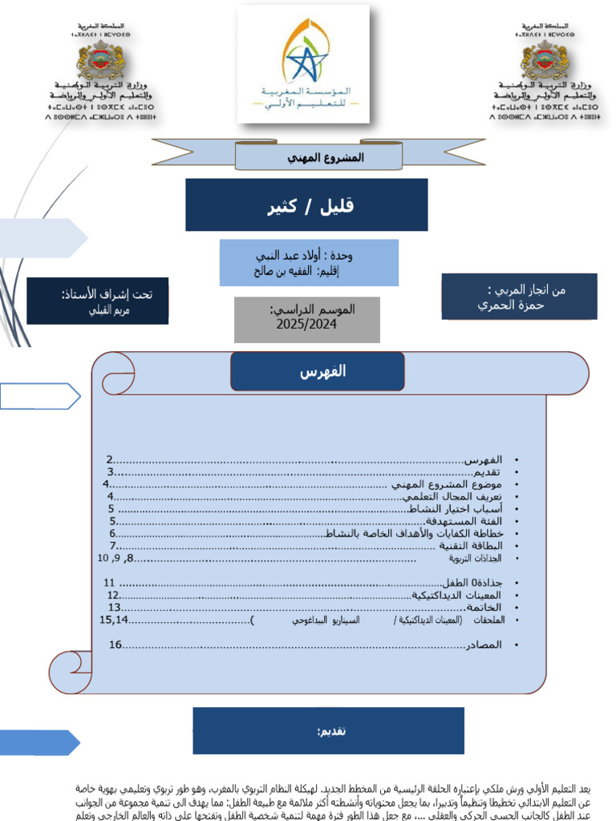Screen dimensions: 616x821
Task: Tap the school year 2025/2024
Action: point(306,325)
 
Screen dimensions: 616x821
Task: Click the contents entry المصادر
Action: point(484,645)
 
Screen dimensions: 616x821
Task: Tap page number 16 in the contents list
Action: point(115,645)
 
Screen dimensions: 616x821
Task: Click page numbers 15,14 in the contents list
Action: point(114,620)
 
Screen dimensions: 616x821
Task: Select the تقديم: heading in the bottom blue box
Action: point(331,731)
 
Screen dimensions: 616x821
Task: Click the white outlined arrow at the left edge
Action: point(40,396)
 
